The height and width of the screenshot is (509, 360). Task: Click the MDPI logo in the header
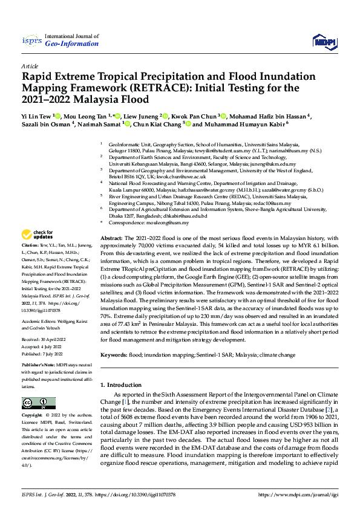click(x=322, y=41)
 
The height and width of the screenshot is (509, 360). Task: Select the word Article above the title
click(x=29, y=65)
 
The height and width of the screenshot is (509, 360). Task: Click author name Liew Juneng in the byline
click(x=143, y=115)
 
